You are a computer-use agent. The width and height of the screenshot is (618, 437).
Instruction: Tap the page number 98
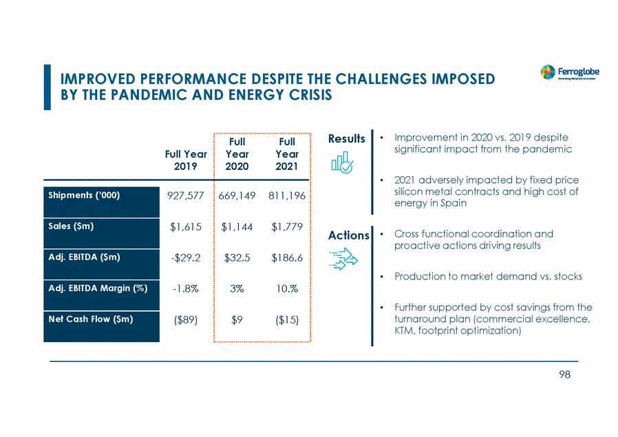(564, 374)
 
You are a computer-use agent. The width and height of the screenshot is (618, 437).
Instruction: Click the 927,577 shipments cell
(184, 196)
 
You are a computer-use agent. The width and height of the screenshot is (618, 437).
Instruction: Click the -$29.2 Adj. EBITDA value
(184, 258)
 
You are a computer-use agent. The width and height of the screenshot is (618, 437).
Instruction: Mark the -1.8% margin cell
(184, 289)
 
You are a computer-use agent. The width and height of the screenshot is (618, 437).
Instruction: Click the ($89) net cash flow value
(184, 320)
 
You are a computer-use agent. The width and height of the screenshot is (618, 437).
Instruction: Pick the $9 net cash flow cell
(236, 320)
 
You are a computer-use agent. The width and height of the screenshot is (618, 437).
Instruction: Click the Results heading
(347, 139)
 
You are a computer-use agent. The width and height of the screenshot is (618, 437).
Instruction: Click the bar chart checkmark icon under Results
(343, 164)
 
